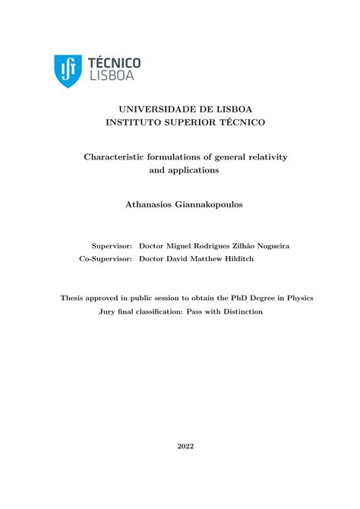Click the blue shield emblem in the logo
(68, 71)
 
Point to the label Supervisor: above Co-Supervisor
(112, 246)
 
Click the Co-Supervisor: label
(106, 258)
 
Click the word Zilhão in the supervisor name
(229, 246)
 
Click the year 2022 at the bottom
(186, 446)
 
